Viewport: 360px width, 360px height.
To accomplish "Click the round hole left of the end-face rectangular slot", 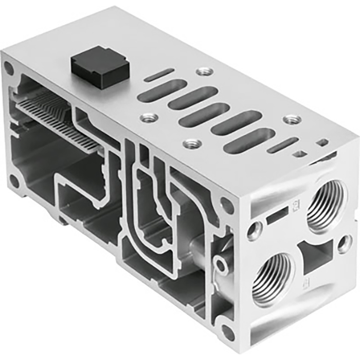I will pos(255,230).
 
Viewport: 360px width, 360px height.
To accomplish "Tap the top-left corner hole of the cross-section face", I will pos(9,67).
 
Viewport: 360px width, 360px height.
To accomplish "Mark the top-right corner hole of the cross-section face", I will pos(226,204).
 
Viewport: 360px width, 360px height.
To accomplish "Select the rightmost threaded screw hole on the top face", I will pos(293,120).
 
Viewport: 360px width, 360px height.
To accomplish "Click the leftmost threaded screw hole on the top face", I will pos(149,117).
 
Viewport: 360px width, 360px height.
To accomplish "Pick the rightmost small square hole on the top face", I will pos(322,141).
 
